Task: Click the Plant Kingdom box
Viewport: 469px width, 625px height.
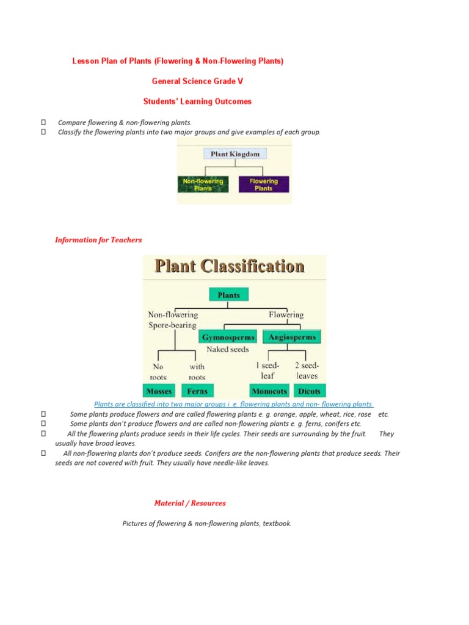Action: click(x=235, y=154)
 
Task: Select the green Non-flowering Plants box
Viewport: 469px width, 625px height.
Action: click(x=203, y=184)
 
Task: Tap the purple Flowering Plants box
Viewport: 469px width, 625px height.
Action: click(x=264, y=184)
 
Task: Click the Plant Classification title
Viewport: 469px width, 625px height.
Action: click(x=229, y=267)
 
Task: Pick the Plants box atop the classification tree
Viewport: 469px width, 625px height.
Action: click(x=229, y=295)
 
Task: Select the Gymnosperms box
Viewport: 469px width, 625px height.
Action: click(x=228, y=337)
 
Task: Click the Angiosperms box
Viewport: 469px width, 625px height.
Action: click(x=293, y=337)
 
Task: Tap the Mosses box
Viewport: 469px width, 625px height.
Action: click(x=159, y=391)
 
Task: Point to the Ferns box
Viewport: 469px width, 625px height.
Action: click(x=197, y=391)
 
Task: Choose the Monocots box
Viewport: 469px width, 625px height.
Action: click(x=269, y=391)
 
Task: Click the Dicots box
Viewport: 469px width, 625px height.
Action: click(x=309, y=391)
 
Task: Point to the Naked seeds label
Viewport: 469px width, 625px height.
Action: click(x=228, y=350)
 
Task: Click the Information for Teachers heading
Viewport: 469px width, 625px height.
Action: click(x=98, y=240)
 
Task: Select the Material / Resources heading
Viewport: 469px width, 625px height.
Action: click(x=190, y=504)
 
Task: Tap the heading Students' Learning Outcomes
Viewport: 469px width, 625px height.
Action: click(x=197, y=102)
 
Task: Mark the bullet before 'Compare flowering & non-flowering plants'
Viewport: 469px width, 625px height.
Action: click(x=43, y=123)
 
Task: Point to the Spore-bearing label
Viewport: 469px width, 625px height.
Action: click(x=172, y=325)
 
